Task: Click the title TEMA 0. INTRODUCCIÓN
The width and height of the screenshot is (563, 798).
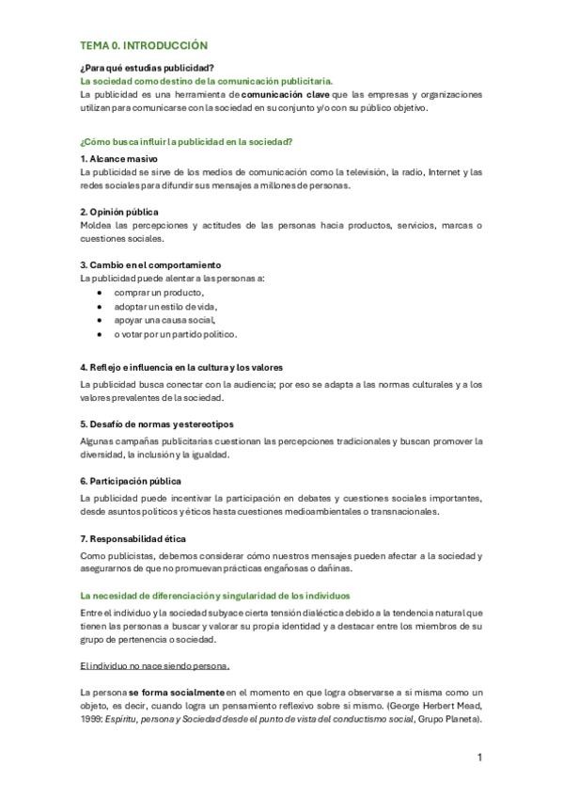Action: click(x=144, y=45)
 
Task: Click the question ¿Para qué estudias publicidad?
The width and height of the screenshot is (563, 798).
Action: click(x=148, y=69)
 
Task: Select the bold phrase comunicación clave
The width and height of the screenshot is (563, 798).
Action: click(x=285, y=95)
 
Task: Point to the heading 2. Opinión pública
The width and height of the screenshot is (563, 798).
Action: click(x=119, y=212)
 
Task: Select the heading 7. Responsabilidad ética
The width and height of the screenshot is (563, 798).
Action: click(x=133, y=538)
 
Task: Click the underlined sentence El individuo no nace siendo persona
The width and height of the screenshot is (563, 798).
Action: click(x=155, y=666)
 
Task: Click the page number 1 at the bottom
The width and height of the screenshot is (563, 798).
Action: click(x=479, y=757)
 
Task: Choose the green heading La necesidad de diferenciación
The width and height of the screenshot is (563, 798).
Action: click(x=215, y=596)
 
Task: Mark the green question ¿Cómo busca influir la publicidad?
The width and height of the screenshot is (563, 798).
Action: click(x=187, y=141)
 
